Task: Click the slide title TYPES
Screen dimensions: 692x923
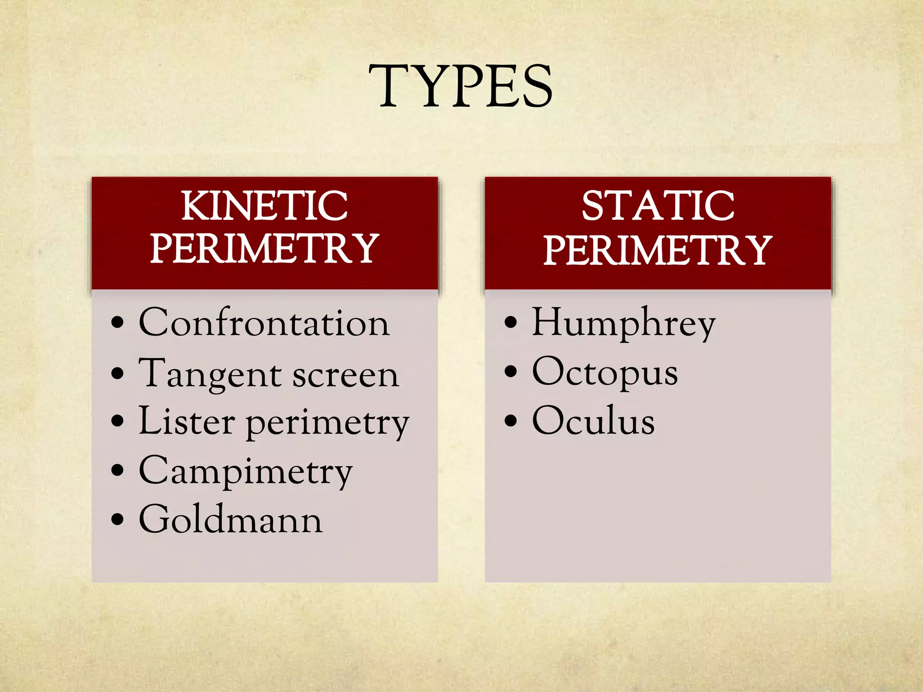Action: click(461, 86)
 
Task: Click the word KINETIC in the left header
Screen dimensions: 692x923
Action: click(265, 206)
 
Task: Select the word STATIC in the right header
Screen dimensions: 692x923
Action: click(658, 206)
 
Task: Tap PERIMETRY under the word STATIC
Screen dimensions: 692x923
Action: click(658, 250)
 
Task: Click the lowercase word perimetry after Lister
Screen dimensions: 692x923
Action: click(328, 424)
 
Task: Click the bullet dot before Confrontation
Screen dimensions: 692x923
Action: click(117, 323)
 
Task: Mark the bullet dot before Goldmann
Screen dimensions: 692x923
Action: click(117, 519)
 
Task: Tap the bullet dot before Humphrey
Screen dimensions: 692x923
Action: click(511, 323)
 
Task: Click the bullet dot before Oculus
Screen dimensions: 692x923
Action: click(511, 421)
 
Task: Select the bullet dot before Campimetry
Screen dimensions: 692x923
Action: click(117, 470)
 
